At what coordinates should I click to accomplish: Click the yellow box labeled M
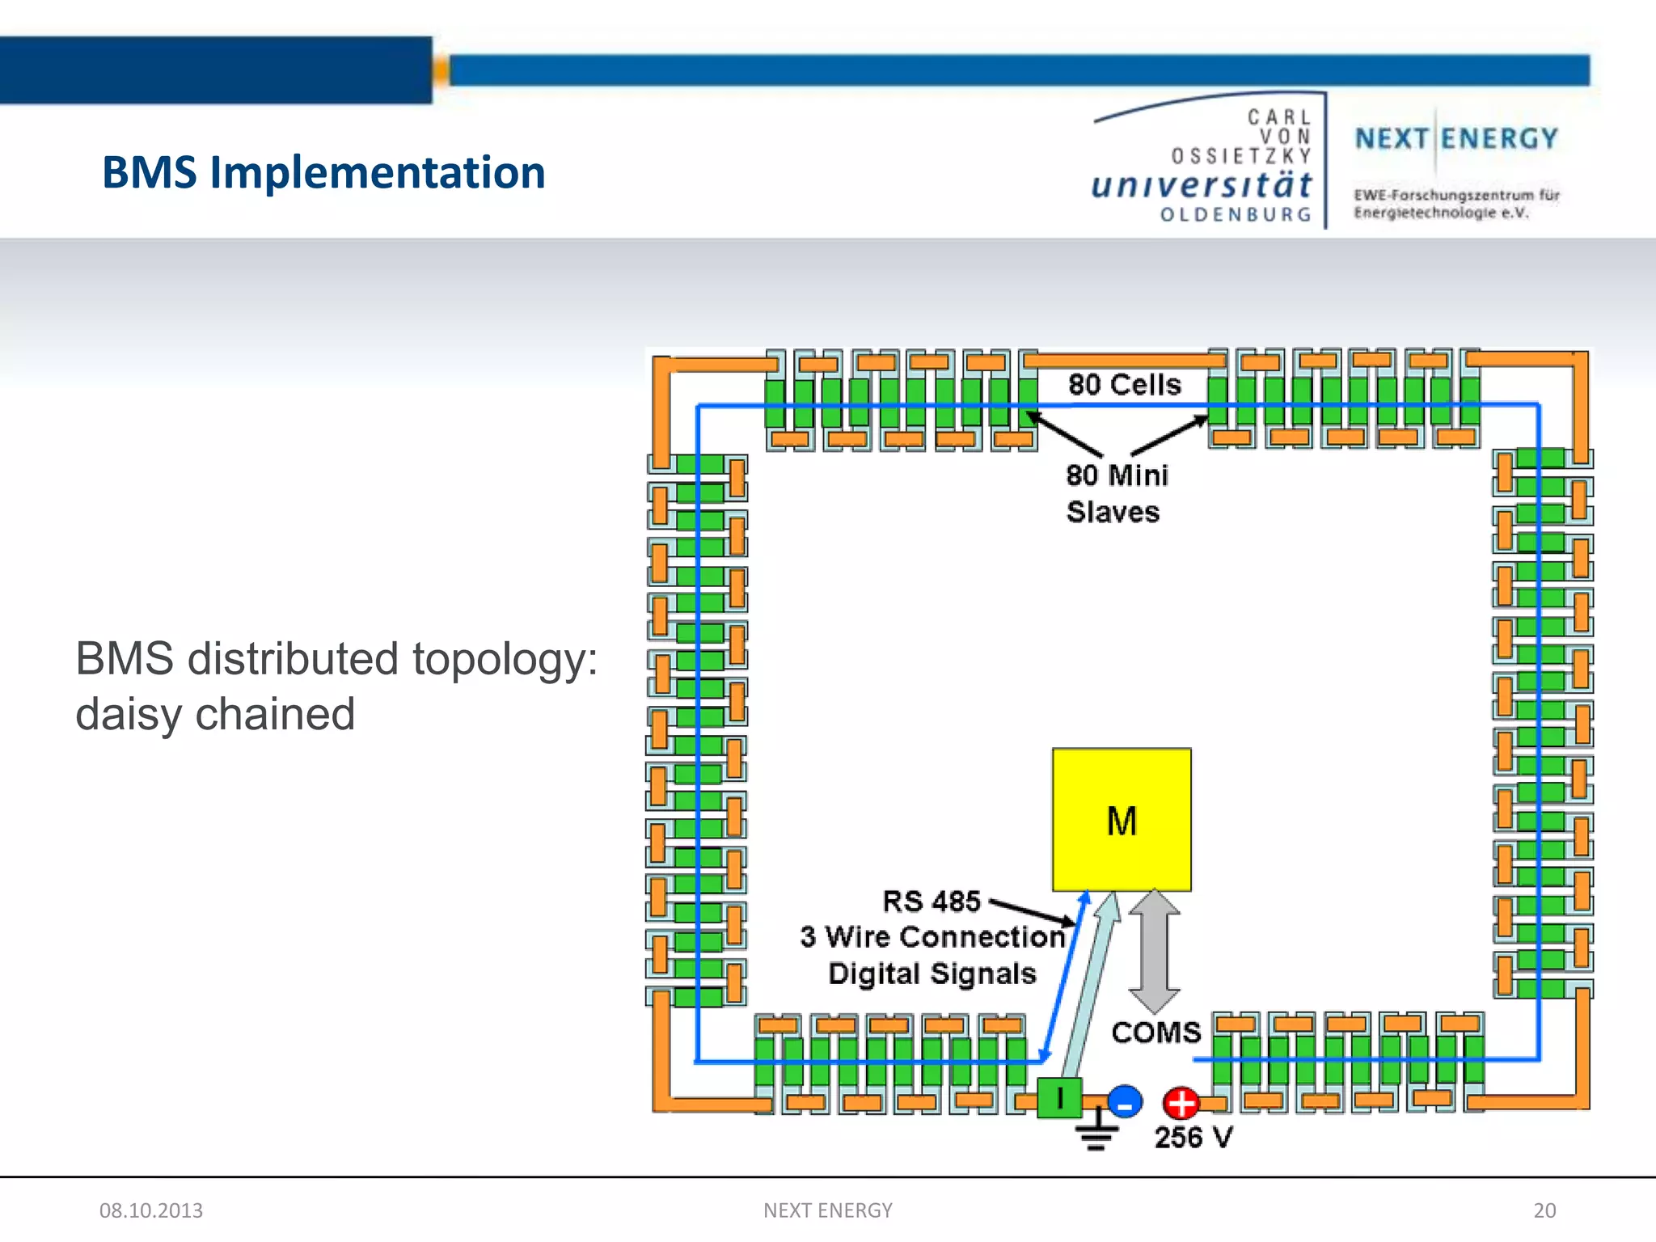[x=1121, y=820]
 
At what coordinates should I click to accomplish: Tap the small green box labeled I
[x=1059, y=1098]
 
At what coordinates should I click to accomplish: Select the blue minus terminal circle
[x=1125, y=1101]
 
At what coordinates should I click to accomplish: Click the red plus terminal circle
[x=1181, y=1102]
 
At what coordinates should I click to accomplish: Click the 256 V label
[x=1193, y=1138]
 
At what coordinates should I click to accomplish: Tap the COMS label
[x=1156, y=1033]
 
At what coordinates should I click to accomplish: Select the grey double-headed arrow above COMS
[x=1154, y=950]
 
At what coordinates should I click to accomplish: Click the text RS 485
[x=931, y=901]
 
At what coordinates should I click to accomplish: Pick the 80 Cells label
[x=1124, y=385]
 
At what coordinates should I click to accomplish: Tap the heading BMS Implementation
[x=323, y=172]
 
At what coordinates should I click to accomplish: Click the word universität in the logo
[x=1202, y=185]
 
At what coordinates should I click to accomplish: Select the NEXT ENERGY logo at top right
[x=1456, y=139]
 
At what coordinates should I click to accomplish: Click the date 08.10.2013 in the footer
[x=151, y=1210]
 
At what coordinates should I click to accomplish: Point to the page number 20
[x=1544, y=1210]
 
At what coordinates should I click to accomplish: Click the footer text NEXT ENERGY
[x=828, y=1210]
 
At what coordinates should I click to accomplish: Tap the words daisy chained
[x=215, y=714]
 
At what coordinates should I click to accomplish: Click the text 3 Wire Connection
[x=933, y=937]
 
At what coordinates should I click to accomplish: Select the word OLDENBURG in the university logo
[x=1236, y=215]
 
